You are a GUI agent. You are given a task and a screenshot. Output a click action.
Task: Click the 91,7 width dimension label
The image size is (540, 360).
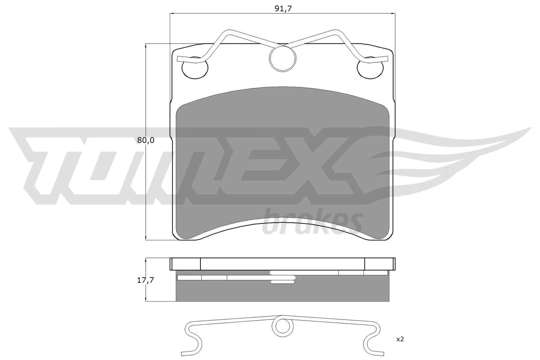(282, 9)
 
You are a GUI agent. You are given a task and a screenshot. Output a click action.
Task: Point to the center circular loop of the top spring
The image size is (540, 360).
(283, 59)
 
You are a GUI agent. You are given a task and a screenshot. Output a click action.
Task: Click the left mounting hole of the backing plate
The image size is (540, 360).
(194, 68)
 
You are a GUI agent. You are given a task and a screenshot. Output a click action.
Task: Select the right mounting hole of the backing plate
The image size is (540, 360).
(370, 68)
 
